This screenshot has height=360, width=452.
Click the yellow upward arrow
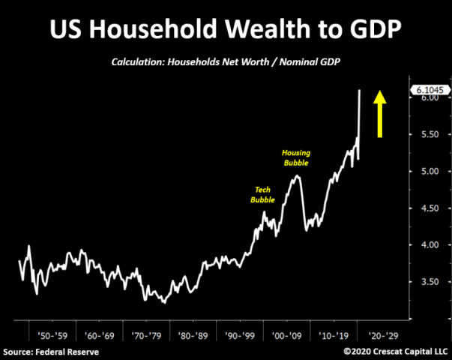pyautogui.click(x=380, y=113)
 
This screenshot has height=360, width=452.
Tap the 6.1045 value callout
pyautogui.click(x=427, y=90)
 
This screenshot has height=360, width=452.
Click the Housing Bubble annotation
pyautogui.click(x=296, y=157)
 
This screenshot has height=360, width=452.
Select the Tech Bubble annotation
pyautogui.click(x=263, y=195)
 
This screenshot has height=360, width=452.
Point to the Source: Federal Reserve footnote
pyautogui.click(x=50, y=351)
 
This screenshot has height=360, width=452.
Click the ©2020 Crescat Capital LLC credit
pyautogui.click(x=396, y=351)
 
